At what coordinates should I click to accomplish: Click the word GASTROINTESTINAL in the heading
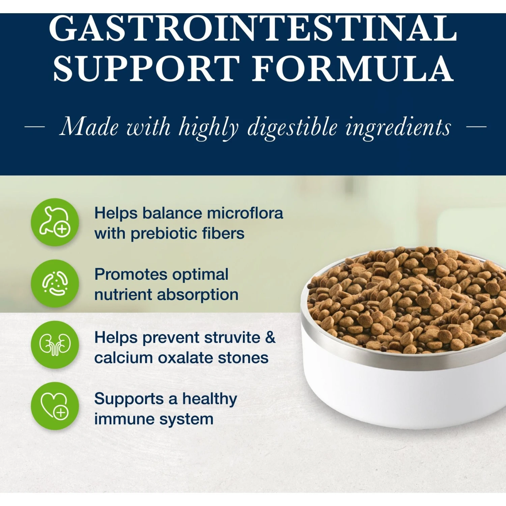click(x=253, y=29)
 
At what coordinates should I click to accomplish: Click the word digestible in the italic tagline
click(x=292, y=128)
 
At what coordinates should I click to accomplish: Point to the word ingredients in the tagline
click(x=398, y=128)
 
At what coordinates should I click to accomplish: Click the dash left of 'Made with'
click(x=34, y=127)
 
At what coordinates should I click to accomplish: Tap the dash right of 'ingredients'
click(x=476, y=127)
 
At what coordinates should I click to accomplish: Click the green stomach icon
click(x=55, y=222)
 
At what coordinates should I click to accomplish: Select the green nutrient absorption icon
click(x=55, y=283)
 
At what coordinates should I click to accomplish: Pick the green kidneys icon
click(x=55, y=344)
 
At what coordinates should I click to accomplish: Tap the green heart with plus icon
click(x=55, y=405)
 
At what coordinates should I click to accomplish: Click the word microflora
click(x=245, y=213)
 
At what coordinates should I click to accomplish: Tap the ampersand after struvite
click(x=270, y=337)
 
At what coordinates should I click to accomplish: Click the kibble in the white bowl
click(x=405, y=300)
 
